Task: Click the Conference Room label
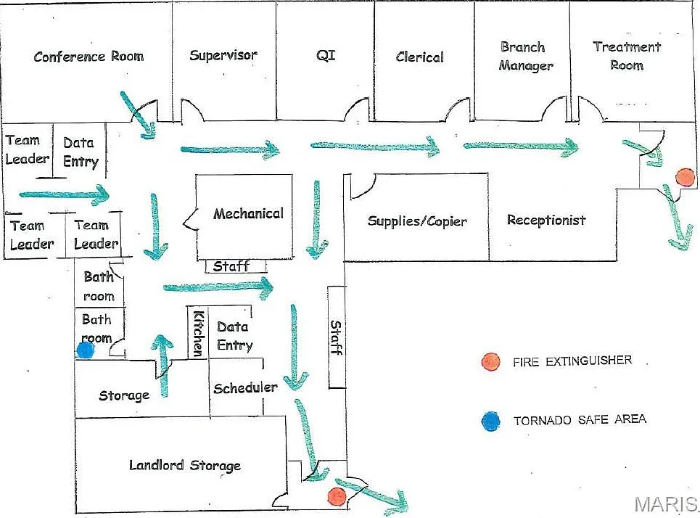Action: (x=88, y=57)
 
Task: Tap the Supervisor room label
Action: (x=223, y=55)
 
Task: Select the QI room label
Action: (x=326, y=55)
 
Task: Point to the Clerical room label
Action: (x=420, y=57)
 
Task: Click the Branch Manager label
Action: (x=525, y=57)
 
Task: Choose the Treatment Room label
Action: (x=627, y=56)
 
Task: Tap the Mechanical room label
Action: (x=248, y=213)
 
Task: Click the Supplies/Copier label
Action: (x=417, y=221)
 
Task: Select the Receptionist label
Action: (x=546, y=220)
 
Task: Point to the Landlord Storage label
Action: (x=185, y=465)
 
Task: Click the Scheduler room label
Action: (x=245, y=387)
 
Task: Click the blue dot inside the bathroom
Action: (x=86, y=350)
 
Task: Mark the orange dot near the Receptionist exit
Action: (x=685, y=177)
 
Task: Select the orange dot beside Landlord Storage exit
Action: (x=337, y=496)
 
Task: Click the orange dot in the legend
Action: (x=490, y=362)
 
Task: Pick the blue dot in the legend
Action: (x=490, y=421)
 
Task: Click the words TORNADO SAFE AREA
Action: (x=580, y=420)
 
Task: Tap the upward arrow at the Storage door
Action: (x=162, y=365)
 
